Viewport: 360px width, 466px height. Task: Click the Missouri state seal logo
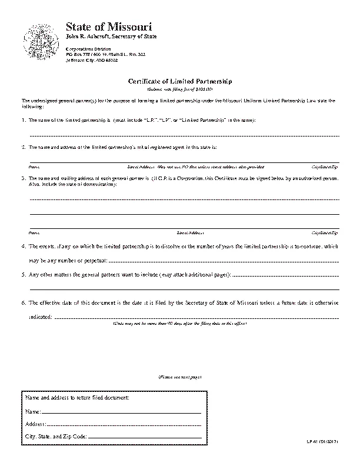coord(39,42)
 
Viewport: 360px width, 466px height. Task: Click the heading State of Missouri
coord(109,27)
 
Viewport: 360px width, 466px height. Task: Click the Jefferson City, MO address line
coord(91,60)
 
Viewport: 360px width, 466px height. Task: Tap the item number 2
coord(24,146)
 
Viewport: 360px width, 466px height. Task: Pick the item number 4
coord(24,246)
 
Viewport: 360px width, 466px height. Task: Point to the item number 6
coord(24,304)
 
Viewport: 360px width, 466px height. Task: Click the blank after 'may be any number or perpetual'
coord(224,261)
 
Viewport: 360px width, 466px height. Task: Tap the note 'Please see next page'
coord(180,377)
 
